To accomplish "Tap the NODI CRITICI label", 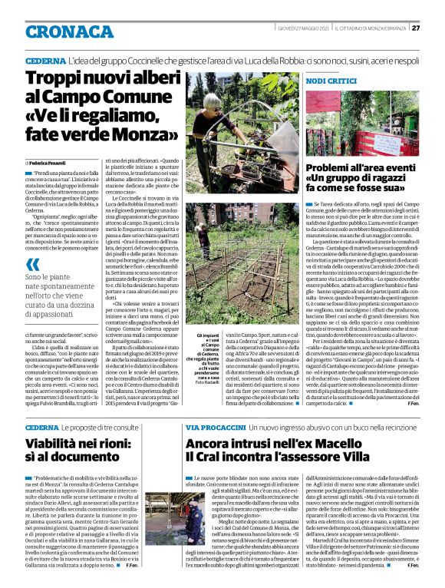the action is tap(331, 81).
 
